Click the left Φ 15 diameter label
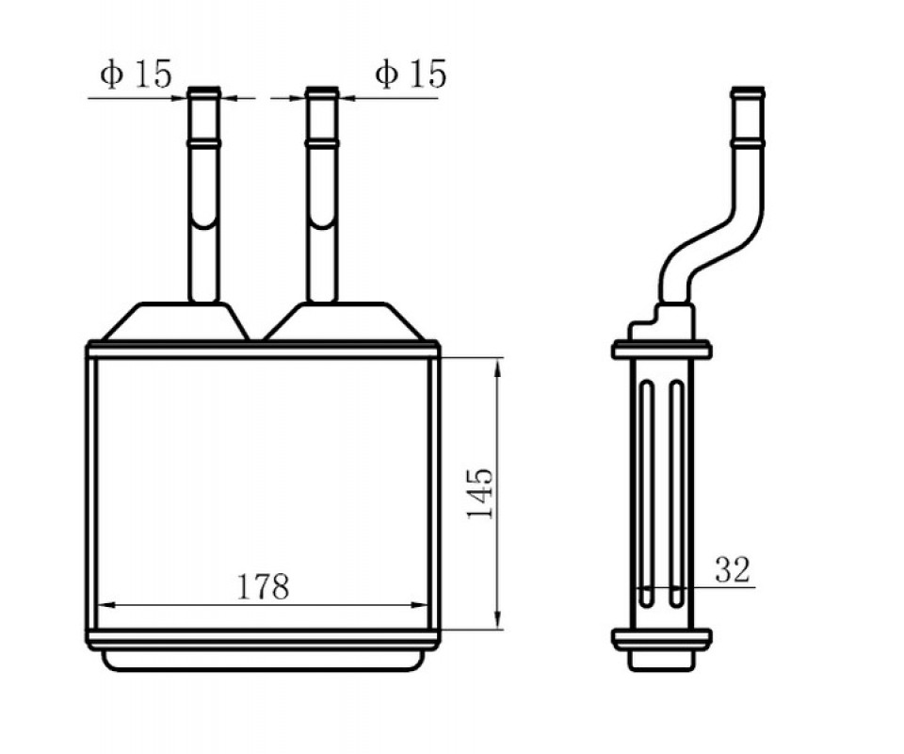pyautogui.click(x=136, y=74)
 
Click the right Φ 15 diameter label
pyautogui.click(x=411, y=74)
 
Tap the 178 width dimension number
pyautogui.click(x=263, y=586)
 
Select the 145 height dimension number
pyautogui.click(x=480, y=493)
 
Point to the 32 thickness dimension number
pyautogui.click(x=733, y=569)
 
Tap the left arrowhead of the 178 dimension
pyautogui.click(x=108, y=605)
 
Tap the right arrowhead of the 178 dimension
pyautogui.click(x=418, y=605)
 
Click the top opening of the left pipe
pyautogui.click(x=204, y=90)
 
